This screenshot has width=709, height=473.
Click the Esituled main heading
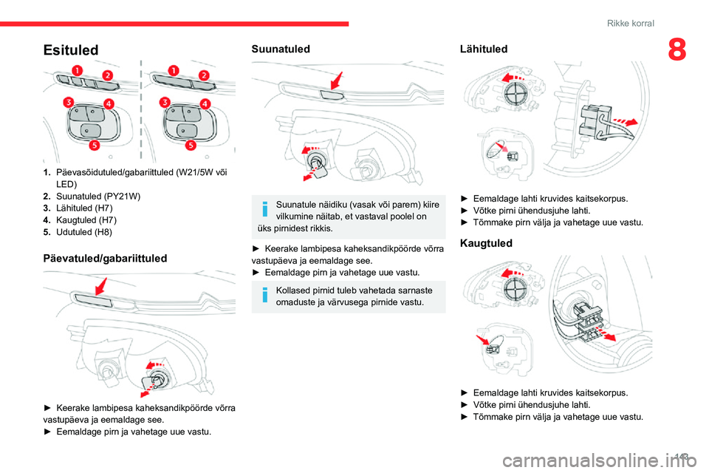tap(71, 50)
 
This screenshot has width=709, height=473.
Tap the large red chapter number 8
tap(677, 50)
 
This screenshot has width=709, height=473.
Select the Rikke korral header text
tap(630, 23)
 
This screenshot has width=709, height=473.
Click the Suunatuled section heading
tap(281, 49)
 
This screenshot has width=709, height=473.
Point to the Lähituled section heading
tap(483, 49)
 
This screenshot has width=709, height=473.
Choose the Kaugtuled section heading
tap(486, 243)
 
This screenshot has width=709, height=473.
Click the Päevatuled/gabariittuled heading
tap(105, 258)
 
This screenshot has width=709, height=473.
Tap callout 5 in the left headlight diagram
tap(94, 145)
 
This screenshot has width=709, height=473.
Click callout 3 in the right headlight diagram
tap(165, 102)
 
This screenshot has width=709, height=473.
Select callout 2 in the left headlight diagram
tap(107, 75)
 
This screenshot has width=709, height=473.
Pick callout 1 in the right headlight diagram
tap(174, 70)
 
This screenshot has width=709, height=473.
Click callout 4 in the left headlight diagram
tap(109, 103)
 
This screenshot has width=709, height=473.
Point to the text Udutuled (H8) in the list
tap(84, 232)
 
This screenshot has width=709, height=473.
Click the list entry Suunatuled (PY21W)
tap(98, 196)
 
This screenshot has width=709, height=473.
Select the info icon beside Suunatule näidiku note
tap(265, 209)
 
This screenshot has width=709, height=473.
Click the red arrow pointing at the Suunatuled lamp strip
tap(337, 81)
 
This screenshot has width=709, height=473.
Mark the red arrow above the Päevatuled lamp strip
tap(101, 287)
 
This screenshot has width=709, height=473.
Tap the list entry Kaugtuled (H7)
tap(86, 220)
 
